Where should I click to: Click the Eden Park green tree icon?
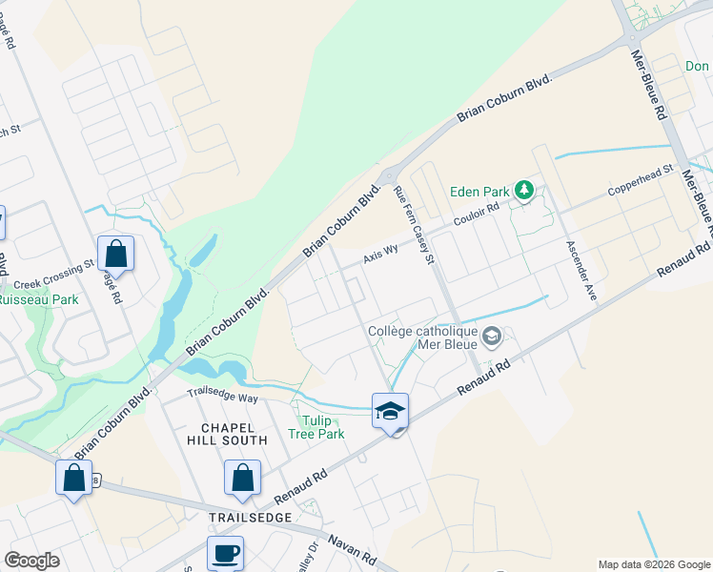523,191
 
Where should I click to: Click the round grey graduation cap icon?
492,336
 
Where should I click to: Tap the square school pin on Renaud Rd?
390,412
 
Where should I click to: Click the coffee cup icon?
225,554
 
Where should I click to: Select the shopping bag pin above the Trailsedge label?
243,480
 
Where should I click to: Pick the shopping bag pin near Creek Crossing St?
115,255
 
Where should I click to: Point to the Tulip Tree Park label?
316,427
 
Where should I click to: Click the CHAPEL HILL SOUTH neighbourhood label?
234,434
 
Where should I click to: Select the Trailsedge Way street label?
222,395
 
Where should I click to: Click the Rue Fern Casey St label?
415,227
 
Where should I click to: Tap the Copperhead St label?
642,181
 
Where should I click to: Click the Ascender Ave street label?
581,270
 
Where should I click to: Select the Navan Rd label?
354,551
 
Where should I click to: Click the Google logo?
31,561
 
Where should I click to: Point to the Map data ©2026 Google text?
653,564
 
